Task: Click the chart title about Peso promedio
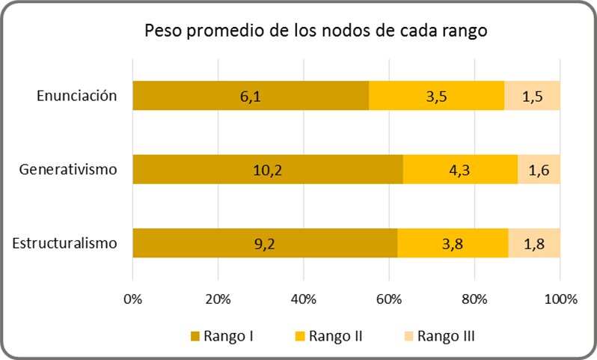tap(316, 32)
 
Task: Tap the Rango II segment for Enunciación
tap(436, 96)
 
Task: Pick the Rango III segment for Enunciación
tap(532, 96)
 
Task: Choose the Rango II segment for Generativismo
tap(460, 169)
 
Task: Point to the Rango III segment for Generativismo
tap(539, 169)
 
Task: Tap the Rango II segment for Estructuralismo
tap(453, 243)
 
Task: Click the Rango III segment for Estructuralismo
tap(534, 243)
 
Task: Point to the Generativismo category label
tap(69, 168)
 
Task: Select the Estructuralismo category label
tap(65, 242)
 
